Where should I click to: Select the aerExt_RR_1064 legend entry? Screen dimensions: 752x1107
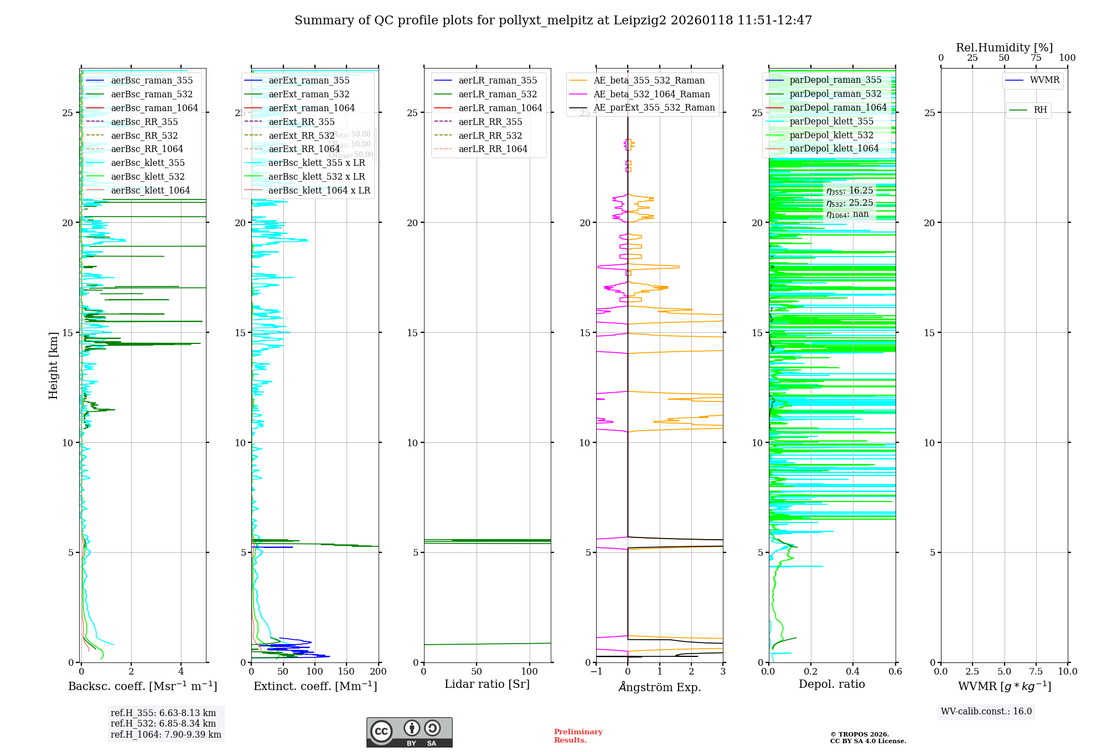[x=304, y=149]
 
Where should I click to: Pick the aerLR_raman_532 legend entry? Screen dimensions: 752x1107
[x=498, y=95]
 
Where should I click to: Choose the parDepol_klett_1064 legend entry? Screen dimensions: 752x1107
[x=834, y=149]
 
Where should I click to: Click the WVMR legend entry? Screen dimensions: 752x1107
[x=1044, y=80]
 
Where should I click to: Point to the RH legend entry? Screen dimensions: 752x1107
[x=1040, y=110]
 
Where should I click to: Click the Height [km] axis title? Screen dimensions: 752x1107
[x=53, y=365]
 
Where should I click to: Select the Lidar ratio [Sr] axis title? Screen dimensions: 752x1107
[x=487, y=685]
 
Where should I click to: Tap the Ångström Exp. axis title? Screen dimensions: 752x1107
[x=660, y=687]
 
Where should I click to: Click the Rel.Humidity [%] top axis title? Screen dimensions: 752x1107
[x=1004, y=48]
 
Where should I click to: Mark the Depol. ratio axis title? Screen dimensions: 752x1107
[x=831, y=685]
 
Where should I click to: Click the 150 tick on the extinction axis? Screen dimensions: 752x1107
[x=346, y=672]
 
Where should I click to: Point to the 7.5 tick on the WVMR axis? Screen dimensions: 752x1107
[x=1036, y=672]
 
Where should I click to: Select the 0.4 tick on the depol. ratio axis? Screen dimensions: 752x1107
[x=853, y=672]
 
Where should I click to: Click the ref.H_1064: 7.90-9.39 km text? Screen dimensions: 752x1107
[x=166, y=735]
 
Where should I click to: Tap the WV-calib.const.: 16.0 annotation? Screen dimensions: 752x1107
[x=986, y=712]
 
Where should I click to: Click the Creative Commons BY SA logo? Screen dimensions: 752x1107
[x=409, y=733]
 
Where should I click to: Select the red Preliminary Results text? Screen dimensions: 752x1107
[x=578, y=736]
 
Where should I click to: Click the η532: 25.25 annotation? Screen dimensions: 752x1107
[x=850, y=203]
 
